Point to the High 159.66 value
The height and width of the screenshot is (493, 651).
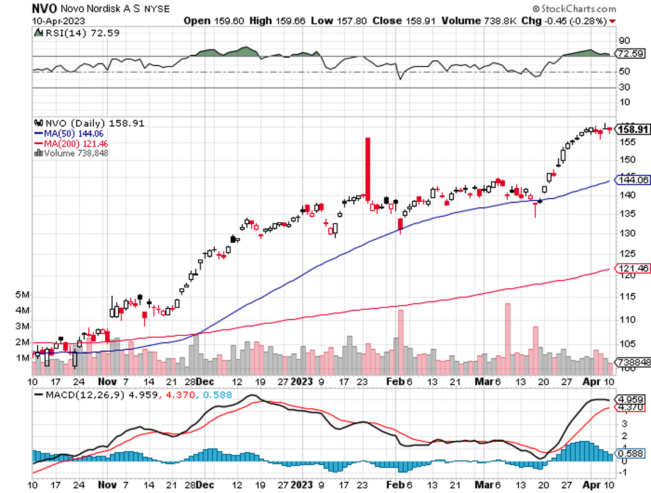(x=271, y=21)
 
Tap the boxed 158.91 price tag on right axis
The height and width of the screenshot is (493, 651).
(x=633, y=129)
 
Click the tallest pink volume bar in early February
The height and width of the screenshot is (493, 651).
(x=400, y=341)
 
